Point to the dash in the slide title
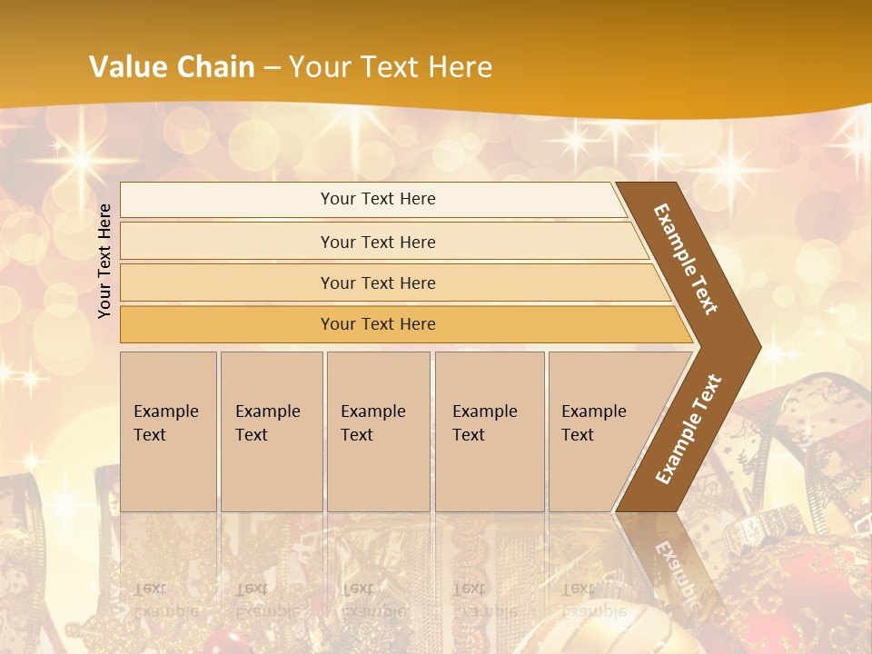[272, 67]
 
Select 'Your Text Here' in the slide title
[391, 66]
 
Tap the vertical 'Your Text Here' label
[104, 261]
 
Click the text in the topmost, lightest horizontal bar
[378, 199]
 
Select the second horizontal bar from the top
[378, 242]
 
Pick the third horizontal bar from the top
[378, 282]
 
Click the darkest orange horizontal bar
[378, 324]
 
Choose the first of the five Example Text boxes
[168, 431]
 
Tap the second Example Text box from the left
[272, 431]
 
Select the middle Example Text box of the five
[378, 431]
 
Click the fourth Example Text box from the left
[490, 431]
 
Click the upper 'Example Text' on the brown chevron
[687, 260]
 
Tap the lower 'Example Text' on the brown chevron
[688, 430]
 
